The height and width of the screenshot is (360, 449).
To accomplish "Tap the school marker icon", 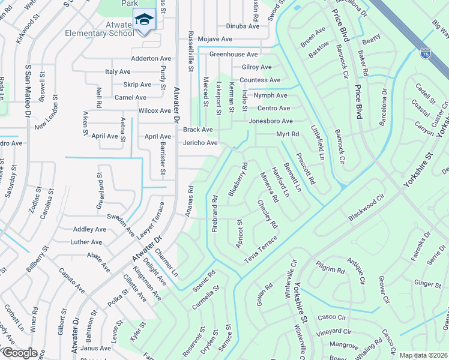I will click(x=144, y=20).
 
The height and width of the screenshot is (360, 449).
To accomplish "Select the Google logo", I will click(x=19, y=353).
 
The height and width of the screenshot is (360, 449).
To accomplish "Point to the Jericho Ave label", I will click(x=200, y=143).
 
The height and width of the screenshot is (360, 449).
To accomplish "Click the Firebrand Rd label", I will click(x=214, y=210).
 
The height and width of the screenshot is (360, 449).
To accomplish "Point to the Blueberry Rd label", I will click(x=238, y=179).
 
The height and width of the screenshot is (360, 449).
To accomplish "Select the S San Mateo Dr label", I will click(x=28, y=90).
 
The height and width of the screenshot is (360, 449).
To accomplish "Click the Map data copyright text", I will click(x=423, y=355).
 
